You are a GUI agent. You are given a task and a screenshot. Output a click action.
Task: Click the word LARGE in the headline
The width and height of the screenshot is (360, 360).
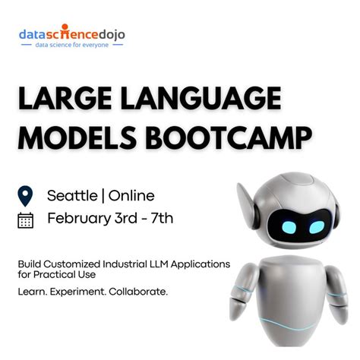[x=65, y=98]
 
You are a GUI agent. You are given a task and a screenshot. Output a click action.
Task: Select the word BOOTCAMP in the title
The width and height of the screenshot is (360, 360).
[x=229, y=137]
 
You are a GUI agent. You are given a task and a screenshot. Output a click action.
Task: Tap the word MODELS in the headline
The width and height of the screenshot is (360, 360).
[x=77, y=137]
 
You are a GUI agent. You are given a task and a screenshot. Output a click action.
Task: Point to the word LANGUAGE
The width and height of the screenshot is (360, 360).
[x=201, y=98]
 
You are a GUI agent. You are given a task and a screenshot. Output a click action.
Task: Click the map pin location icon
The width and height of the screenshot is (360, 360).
[x=25, y=196]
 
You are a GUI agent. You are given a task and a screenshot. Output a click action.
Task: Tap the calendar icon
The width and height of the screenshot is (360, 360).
[x=25, y=220]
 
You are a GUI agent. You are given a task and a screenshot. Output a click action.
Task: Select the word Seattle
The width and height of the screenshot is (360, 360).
[x=72, y=196]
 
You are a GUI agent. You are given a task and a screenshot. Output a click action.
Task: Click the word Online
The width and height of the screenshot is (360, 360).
[x=131, y=196]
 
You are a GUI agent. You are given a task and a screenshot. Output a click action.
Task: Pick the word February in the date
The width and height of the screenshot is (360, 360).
[x=79, y=219]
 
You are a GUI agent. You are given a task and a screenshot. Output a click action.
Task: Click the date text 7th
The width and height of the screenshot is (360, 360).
[x=162, y=218]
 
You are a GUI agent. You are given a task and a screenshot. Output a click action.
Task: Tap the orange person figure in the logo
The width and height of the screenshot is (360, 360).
[x=65, y=31]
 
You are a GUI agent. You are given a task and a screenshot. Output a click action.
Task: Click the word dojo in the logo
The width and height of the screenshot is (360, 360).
[x=112, y=35]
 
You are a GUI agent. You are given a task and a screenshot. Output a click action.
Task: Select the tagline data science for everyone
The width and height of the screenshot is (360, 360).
[x=72, y=45]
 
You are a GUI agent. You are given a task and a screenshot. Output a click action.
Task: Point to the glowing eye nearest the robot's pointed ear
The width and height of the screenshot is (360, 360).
[x=289, y=227]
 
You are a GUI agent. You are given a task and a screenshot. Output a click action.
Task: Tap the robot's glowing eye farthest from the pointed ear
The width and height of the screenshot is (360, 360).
[x=317, y=227]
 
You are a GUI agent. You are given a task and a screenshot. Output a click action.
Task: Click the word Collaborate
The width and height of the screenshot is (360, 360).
[x=138, y=292]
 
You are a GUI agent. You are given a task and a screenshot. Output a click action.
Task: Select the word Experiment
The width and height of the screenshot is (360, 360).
[x=78, y=292]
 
